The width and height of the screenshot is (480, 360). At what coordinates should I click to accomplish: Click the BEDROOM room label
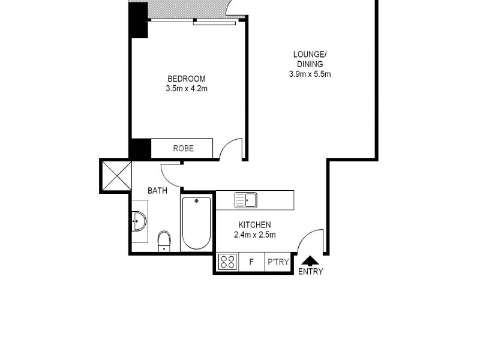coord(186,79)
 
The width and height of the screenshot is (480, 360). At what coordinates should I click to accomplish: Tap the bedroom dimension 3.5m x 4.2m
coord(186,89)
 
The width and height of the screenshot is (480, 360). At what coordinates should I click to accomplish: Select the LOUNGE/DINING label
coord(309,59)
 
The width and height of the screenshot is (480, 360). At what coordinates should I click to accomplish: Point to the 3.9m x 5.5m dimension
coord(309,74)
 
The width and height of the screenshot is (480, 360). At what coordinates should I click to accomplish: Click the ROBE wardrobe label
coord(183,148)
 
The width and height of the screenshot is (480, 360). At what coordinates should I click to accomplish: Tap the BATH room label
coord(157,191)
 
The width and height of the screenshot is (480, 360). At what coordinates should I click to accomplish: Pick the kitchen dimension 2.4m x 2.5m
coord(254,235)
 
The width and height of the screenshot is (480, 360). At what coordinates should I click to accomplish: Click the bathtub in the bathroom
coord(196,223)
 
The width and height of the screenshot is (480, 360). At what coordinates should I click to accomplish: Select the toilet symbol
coord(164,242)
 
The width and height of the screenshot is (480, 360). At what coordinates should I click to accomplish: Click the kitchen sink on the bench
coord(245,199)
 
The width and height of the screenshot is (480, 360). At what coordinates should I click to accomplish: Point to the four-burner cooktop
coord(227,262)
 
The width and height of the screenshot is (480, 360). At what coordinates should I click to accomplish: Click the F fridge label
coord(251,262)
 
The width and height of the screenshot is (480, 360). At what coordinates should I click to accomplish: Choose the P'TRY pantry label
coord(278,262)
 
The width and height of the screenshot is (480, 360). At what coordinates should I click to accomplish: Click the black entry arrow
coord(310,260)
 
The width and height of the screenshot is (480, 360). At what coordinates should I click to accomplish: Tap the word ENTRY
coord(310,271)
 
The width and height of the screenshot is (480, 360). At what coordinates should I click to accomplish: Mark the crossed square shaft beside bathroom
coord(115,175)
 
